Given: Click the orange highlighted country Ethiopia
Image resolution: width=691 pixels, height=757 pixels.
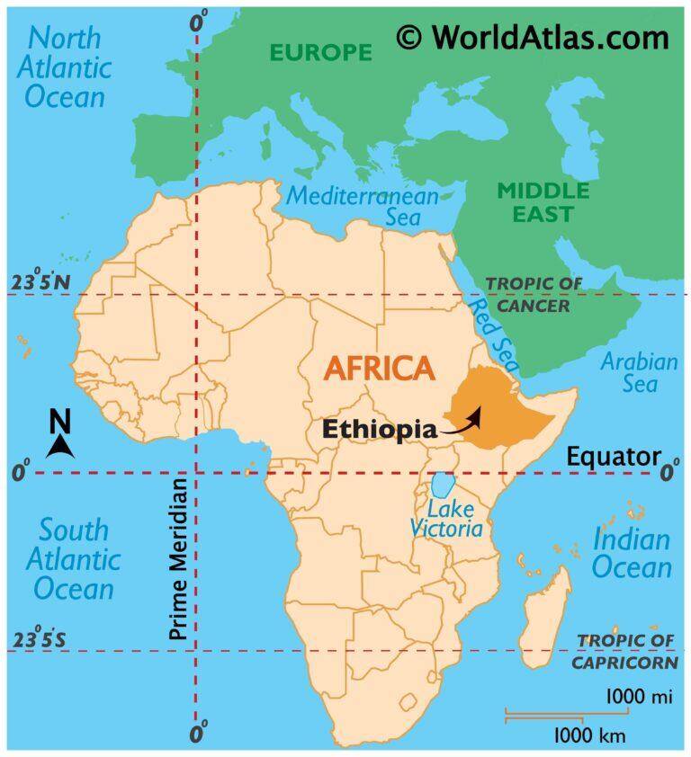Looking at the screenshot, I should (x=504, y=423).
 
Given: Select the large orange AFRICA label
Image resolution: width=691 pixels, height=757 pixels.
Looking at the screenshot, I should (x=378, y=367).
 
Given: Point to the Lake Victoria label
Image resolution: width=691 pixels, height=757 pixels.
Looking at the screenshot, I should (x=446, y=518).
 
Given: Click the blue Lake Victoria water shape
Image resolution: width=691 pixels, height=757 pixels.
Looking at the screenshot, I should (x=441, y=486).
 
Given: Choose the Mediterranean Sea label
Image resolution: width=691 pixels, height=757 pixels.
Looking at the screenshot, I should (x=363, y=206).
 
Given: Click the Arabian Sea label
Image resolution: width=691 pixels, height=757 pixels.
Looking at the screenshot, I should (x=640, y=373).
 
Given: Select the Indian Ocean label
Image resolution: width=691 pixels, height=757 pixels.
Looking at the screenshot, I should (x=632, y=553).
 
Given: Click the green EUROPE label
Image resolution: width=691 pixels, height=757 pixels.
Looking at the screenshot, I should (x=321, y=52).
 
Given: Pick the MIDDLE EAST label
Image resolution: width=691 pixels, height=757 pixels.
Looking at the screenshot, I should (x=543, y=202).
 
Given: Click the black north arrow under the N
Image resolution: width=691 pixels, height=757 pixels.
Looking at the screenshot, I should (x=59, y=446).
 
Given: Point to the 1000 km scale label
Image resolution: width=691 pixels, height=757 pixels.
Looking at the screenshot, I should (x=589, y=736).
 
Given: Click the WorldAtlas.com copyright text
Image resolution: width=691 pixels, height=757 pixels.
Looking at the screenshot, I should (x=534, y=38).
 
